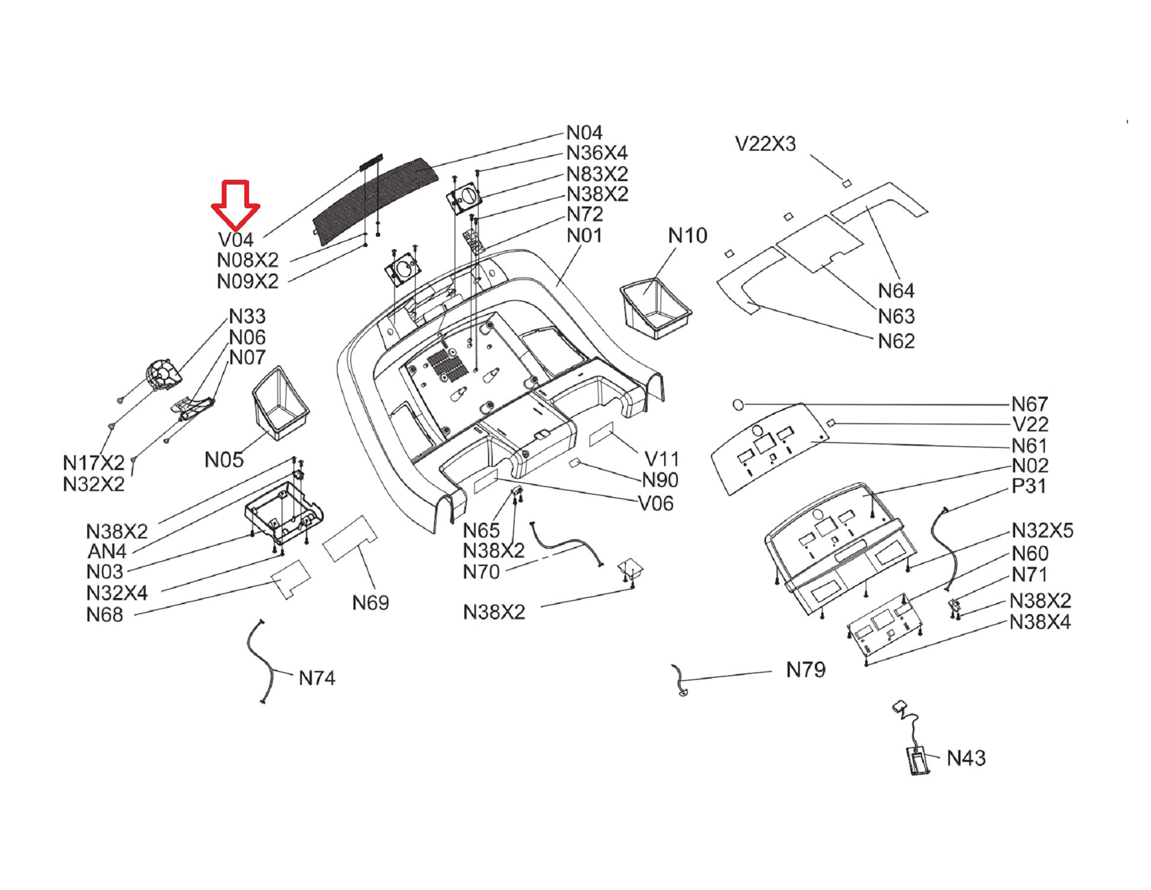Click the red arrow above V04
235,205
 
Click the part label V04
236,240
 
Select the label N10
687,236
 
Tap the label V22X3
765,144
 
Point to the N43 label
966,758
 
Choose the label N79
806,670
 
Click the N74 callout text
317,678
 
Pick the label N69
371,603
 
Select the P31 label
1029,485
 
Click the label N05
224,459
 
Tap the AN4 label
107,551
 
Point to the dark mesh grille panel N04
376,200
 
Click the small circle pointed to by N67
738,405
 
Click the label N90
660,480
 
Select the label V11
661,459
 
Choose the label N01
584,236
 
